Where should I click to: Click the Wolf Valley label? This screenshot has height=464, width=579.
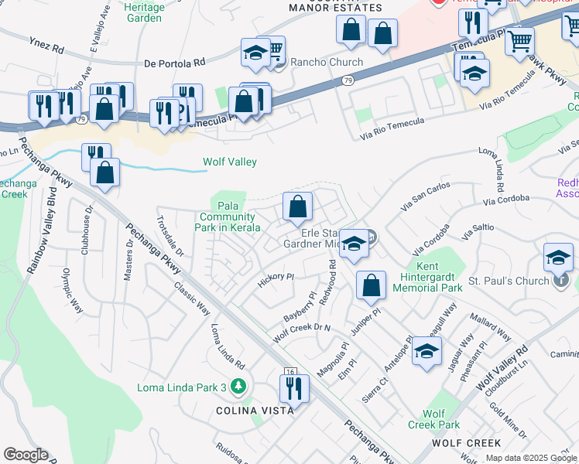click(x=229, y=162)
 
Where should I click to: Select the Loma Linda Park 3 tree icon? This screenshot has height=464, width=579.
click(x=240, y=386)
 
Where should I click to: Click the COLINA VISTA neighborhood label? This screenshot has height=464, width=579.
click(x=255, y=411)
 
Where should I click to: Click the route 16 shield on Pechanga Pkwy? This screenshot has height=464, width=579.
click(x=290, y=373)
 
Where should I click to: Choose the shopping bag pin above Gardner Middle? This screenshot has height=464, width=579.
click(x=297, y=206)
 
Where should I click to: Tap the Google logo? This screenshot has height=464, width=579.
click(x=26, y=455)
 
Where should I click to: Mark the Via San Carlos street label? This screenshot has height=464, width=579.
click(x=425, y=196)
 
